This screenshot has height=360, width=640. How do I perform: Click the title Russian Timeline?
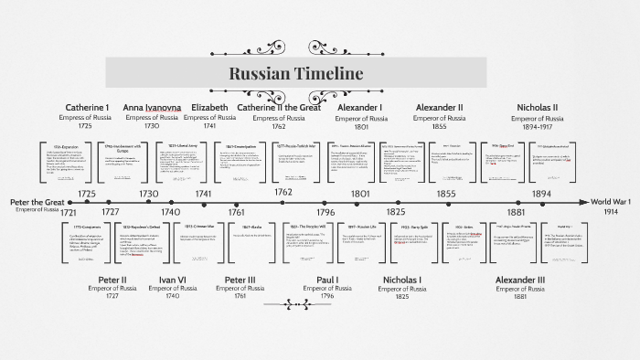[x=295, y=74]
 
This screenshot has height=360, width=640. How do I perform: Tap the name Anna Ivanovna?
[x=152, y=108]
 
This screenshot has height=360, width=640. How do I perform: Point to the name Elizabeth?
[x=210, y=108]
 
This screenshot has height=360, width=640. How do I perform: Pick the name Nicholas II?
[x=538, y=108]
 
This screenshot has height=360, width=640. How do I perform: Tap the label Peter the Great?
[x=37, y=201]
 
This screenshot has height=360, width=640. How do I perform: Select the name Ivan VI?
[x=173, y=280]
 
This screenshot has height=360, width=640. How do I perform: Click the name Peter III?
[x=242, y=280]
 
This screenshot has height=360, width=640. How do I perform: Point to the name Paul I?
[x=326, y=280]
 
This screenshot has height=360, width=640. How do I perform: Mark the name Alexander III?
[x=519, y=280]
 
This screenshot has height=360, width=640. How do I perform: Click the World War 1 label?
[x=613, y=201]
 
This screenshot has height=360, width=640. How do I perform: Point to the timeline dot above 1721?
[x=65, y=202]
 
